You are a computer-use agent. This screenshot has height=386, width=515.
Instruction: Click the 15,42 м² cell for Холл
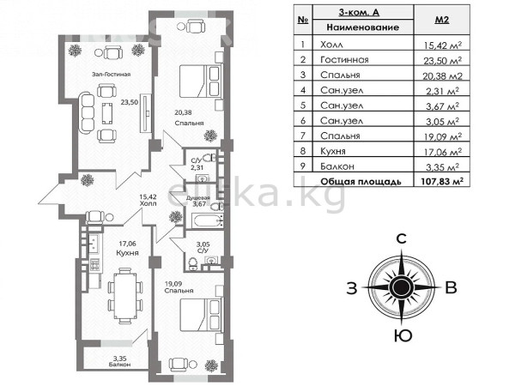pos(442,45)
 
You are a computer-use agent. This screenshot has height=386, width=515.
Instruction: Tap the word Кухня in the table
pos(333,151)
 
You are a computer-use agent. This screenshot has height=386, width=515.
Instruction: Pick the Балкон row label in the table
pos(337,166)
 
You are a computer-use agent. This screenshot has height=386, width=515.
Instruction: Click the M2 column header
pos(442,20)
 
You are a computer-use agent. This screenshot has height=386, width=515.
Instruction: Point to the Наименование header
pos(362,27)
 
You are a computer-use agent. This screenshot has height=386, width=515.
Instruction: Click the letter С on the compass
pos(402,238)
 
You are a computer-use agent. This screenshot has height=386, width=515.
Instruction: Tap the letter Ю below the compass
pos(403,335)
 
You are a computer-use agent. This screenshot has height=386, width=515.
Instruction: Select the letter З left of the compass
pos(352,288)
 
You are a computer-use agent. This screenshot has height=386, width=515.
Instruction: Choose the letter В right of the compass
pos(451,288)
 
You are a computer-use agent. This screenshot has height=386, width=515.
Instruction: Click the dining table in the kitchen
pos(125,296)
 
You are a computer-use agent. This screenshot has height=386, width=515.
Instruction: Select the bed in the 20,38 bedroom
pos(199,81)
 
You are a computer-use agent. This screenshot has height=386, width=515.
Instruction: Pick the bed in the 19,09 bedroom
pos(200,315)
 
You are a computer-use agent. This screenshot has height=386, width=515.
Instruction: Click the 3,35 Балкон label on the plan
pos(120,361)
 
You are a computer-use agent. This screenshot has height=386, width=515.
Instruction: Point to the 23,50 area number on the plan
pos(130,102)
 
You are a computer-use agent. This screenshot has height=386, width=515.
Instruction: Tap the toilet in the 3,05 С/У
pos(193,263)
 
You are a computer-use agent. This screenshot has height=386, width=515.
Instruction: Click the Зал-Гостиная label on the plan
pos(111,74)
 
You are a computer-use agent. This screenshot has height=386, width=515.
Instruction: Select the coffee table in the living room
pos(106,113)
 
